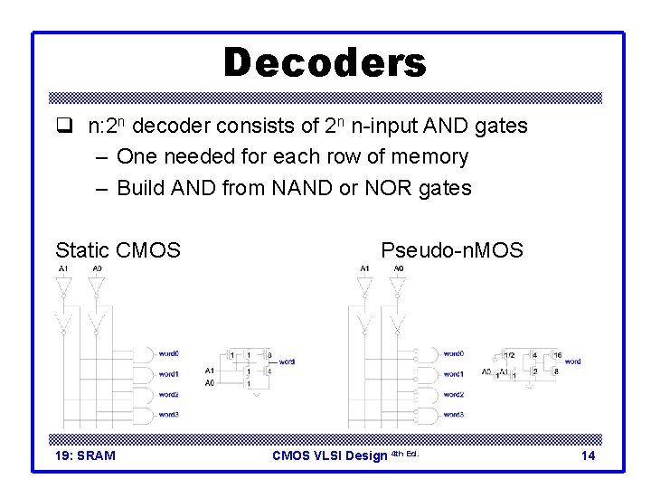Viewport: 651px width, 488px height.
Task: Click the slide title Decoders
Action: (325, 63)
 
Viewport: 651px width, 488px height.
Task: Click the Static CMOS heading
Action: (118, 250)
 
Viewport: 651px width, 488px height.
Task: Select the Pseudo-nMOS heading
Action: (451, 250)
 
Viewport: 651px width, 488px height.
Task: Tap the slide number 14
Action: (588, 455)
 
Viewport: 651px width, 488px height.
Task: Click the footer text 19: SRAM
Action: (85, 455)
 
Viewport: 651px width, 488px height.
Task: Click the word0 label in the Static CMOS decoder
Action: (168, 353)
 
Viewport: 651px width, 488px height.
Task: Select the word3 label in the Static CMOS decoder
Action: (168, 414)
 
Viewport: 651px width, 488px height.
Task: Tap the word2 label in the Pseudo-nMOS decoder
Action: (453, 394)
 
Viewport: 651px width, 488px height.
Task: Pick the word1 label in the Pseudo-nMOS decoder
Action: (453, 374)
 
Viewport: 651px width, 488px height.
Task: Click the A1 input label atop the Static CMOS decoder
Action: (62, 269)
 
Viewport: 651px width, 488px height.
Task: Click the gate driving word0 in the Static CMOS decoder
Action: (143, 353)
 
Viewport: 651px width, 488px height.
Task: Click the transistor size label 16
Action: (558, 355)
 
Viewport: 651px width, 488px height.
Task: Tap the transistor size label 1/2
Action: (510, 355)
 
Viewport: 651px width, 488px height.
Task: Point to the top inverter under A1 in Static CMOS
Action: (62, 287)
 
